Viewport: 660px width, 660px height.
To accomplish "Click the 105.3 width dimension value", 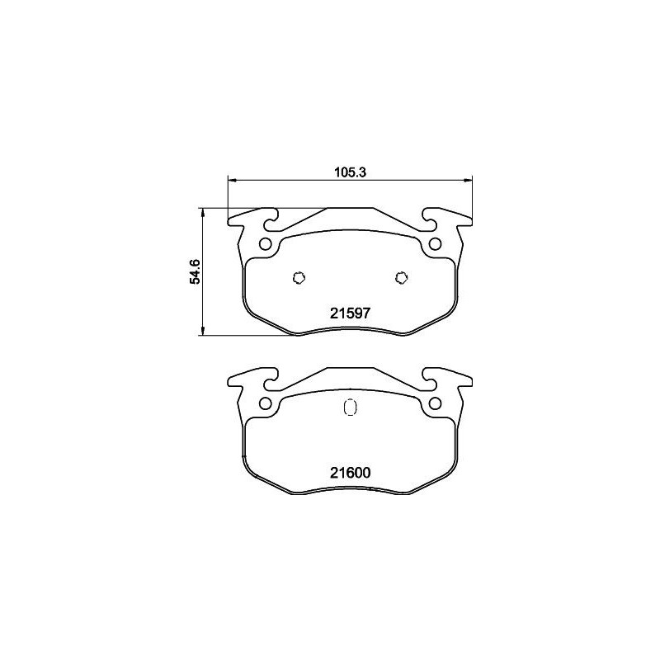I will coord(349,172).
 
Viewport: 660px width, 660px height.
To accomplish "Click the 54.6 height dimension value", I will coord(195,271).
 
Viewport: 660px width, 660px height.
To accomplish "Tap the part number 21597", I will coord(349,313).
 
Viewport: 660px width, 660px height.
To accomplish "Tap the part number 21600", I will coord(349,473).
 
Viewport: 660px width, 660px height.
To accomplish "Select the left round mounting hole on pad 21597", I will coord(265,244).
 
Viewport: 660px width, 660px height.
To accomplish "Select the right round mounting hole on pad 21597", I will coord(434,244).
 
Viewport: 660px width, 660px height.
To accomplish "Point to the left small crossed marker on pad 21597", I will coord(299,277).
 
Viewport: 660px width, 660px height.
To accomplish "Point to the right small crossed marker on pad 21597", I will coord(401,277).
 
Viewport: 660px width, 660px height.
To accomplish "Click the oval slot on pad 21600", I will coord(349,408).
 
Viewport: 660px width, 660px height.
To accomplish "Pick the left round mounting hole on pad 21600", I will coord(265,403).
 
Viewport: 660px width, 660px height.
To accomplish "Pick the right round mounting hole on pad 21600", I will coord(434,403).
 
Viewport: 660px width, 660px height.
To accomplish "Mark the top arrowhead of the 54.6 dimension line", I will coord(203,210).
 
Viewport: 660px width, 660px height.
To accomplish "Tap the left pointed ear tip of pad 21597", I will coord(229,221).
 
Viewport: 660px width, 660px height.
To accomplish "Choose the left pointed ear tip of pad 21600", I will coord(229,381).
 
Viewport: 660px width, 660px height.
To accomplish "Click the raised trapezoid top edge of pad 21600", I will coord(349,368).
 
